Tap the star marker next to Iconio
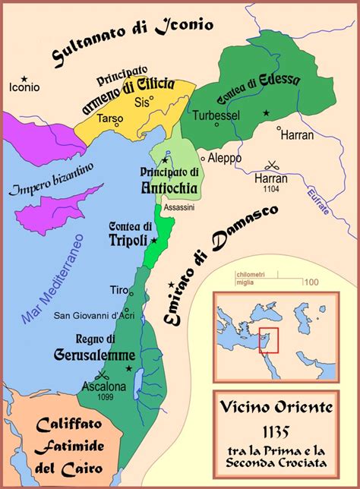pos(25,77)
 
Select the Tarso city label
pos(109,119)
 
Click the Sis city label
pos(140,99)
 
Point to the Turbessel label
pos(216,115)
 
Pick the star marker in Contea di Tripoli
pos(155,240)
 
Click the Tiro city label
pos(118,290)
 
